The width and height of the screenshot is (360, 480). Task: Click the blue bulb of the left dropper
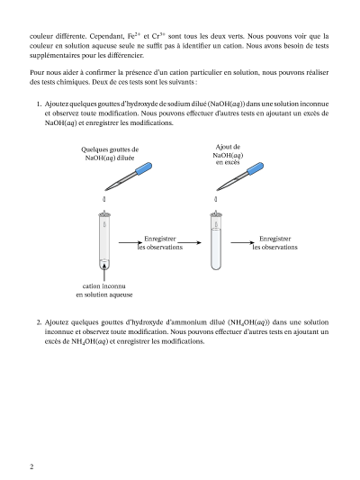144,168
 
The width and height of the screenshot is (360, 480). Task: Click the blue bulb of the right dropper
256,168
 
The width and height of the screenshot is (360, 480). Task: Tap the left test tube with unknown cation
104,240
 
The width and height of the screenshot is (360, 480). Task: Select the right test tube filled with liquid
216,240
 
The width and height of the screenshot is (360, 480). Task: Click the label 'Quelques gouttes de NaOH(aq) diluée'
110,154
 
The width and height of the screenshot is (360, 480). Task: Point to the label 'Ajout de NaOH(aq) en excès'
228,155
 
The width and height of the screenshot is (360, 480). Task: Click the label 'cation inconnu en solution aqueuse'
104,290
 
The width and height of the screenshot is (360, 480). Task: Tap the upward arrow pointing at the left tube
104,272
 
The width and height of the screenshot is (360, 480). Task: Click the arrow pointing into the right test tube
190,243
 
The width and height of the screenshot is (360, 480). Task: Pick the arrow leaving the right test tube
242,243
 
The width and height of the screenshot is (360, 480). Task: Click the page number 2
31,466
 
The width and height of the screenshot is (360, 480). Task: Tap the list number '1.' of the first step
39,104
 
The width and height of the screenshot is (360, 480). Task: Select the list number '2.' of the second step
39,322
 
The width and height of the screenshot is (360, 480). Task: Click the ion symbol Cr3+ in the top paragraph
158,36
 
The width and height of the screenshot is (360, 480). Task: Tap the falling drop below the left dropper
104,199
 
